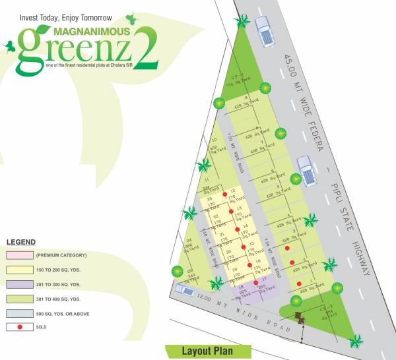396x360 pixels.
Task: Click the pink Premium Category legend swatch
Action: pos(20,255)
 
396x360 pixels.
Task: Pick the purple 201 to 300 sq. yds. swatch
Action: pos(20,284)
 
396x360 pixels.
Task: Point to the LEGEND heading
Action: pos(21,242)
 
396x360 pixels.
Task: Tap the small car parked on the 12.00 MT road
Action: pos(185,289)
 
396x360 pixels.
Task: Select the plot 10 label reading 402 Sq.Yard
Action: pos(214,148)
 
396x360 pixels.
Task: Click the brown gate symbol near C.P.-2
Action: pos(302,317)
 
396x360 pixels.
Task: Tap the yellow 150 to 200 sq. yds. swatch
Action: pos(20,270)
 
